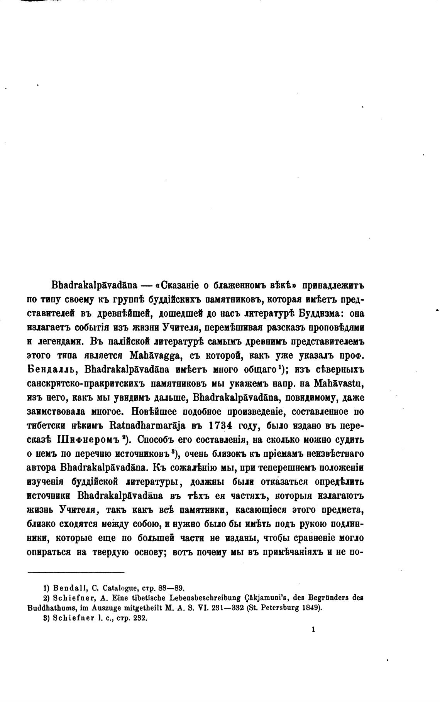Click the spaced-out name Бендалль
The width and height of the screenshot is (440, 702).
tap(51, 370)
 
